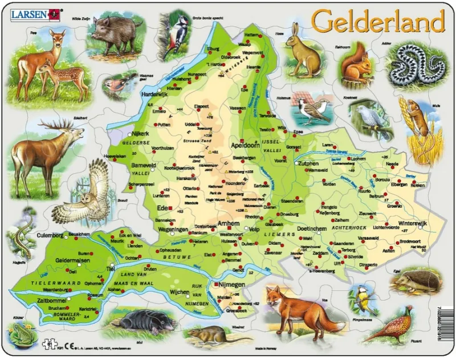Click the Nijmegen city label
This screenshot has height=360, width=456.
(x=231, y=284)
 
